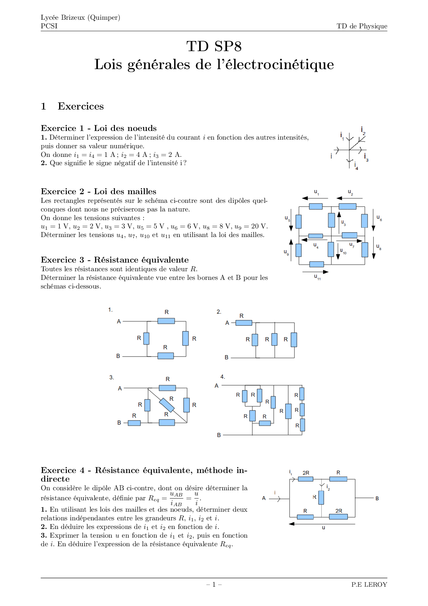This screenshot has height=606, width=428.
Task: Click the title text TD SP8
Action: [214, 47]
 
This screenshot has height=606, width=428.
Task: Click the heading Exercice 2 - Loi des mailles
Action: [98, 191]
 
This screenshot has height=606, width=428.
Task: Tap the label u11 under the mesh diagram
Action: [317, 277]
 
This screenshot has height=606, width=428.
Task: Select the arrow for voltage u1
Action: [315, 198]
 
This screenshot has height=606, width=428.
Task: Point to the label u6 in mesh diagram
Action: [379, 218]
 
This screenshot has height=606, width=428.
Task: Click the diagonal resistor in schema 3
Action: [167, 405]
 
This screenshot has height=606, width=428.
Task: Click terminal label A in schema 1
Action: [119, 321]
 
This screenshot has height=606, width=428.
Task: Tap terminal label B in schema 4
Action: [219, 435]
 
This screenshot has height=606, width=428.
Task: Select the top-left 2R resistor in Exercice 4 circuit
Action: [305, 479]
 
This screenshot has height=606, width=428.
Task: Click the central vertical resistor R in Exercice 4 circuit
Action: [321, 498]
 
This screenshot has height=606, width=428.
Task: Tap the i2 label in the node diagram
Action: [363, 130]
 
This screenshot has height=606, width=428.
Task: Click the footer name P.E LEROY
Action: [369, 585]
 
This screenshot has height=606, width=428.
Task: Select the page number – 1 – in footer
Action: [214, 585]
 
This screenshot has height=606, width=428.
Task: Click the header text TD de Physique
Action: [362, 26]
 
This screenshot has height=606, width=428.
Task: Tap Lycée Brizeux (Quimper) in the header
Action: [80, 18]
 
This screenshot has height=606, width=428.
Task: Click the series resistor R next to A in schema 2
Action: [244, 323]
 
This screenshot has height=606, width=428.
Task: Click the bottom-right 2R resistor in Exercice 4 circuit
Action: [338, 517]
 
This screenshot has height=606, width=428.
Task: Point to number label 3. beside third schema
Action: [111, 377]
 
